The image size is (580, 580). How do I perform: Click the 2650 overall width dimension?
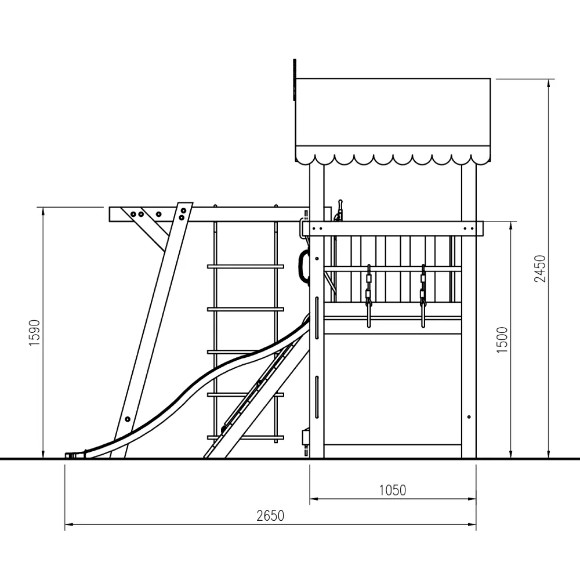coord(270,516)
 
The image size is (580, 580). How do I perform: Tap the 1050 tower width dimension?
coord(393,490)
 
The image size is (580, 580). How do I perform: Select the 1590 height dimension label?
coord(34,333)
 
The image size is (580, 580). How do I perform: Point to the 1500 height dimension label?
coord(502,340)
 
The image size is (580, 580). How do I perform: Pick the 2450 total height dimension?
coord(539,269)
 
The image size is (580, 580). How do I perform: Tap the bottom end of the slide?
coord(70,455)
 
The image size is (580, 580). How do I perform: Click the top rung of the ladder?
coord(245,266)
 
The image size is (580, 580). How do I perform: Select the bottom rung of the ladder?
coord(245,437)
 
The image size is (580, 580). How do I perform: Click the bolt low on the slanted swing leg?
coord(128,419)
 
